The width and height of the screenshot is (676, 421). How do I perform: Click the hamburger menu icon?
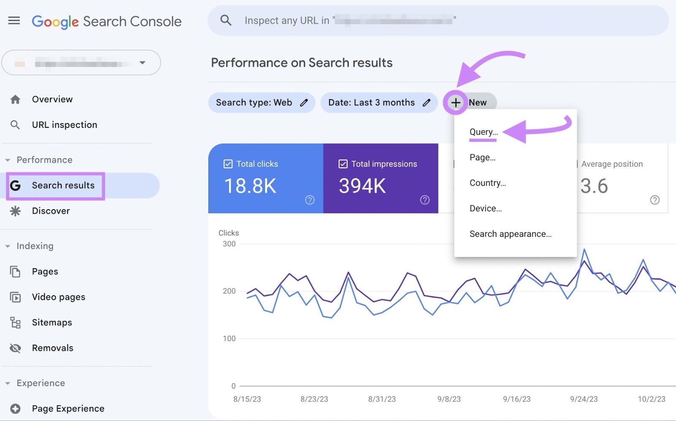pyautogui.click(x=14, y=21)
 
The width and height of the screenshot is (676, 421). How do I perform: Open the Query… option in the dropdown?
pyautogui.click(x=483, y=132)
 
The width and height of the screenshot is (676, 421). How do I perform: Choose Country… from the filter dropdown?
pyautogui.click(x=488, y=183)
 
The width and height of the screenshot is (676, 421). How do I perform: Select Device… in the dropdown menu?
pyautogui.click(x=485, y=208)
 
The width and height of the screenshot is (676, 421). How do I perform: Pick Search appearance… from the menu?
pyautogui.click(x=510, y=234)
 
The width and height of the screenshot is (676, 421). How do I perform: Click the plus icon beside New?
pyautogui.click(x=455, y=103)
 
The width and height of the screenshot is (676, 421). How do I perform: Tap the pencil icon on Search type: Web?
pyautogui.click(x=304, y=103)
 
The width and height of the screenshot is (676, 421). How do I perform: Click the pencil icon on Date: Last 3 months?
pyautogui.click(x=427, y=103)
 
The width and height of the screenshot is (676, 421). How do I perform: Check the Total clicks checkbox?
pyautogui.click(x=228, y=164)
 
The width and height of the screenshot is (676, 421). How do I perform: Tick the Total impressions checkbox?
pyautogui.click(x=343, y=164)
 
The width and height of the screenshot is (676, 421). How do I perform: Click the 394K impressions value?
pyautogui.click(x=362, y=186)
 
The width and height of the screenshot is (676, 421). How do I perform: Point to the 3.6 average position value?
pyautogui.click(x=594, y=186)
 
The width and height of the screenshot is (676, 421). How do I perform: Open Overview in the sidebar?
pyautogui.click(x=52, y=100)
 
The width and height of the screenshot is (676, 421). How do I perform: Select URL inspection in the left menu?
pyautogui.click(x=64, y=125)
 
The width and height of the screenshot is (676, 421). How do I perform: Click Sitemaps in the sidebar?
pyautogui.click(x=52, y=323)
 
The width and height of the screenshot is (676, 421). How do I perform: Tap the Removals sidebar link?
pyautogui.click(x=52, y=348)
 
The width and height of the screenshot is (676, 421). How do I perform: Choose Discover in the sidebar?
pyautogui.click(x=51, y=211)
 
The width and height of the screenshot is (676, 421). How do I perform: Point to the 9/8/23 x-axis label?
pyautogui.click(x=449, y=399)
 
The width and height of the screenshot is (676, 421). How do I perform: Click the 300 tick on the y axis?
pyautogui.click(x=229, y=244)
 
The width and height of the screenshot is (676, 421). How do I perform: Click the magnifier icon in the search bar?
pyautogui.click(x=226, y=20)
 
